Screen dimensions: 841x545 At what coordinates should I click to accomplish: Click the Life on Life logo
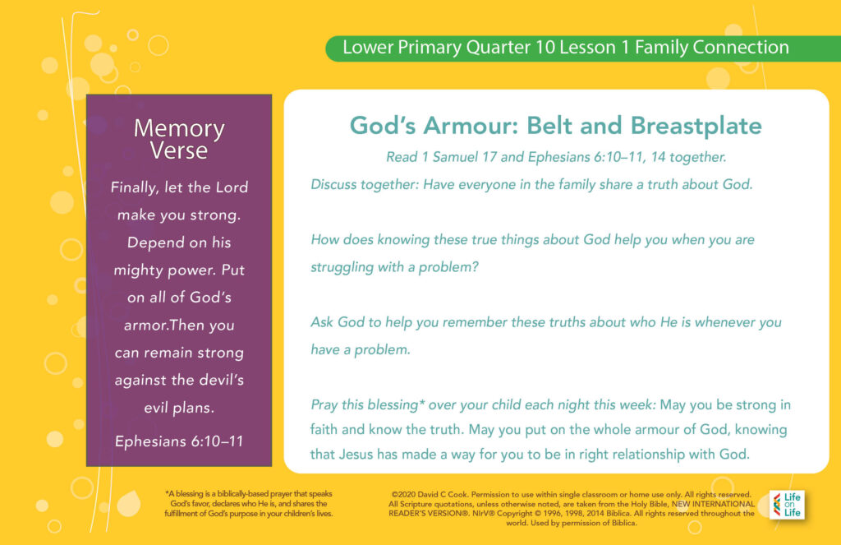coord(787,505)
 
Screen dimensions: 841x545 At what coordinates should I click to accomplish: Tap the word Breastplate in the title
coord(696,126)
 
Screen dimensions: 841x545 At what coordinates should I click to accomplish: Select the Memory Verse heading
coord(179,139)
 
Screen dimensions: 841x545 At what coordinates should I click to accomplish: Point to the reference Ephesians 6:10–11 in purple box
coord(179,441)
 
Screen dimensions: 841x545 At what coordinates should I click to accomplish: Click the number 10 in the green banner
coord(545,47)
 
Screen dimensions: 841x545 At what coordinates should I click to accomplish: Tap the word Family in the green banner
coord(661,47)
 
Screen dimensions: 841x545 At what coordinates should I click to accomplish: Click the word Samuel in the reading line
coord(455,157)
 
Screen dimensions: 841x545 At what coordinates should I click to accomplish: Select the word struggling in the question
coord(342,267)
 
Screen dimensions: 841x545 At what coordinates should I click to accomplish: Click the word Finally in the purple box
coord(135,187)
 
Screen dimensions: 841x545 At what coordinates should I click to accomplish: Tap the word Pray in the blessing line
coord(324,405)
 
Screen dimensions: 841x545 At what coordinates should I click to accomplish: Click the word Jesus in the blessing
coord(356,455)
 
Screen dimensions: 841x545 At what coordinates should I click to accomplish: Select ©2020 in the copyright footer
coord(402,495)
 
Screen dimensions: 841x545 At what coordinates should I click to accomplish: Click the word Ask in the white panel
coord(322,322)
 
